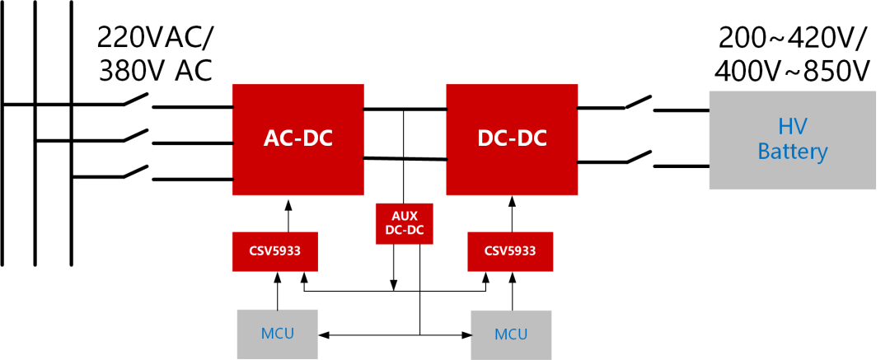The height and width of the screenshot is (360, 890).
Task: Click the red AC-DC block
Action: coord(298,139)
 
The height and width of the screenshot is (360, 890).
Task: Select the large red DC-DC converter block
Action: coord(512,139)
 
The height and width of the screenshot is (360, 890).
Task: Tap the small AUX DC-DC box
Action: coord(404,222)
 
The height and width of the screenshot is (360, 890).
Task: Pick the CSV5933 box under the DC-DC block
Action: coord(511,251)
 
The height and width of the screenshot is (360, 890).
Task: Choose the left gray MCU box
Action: coord(277,334)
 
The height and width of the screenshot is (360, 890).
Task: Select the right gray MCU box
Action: coord(511,334)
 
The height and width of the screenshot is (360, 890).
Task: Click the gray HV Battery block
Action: coord(792,139)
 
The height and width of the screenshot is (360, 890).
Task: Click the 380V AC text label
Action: coord(155,72)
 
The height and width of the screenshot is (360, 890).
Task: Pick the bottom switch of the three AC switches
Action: coord(136,171)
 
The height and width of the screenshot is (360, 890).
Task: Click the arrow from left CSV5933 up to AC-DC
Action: coord(288,215)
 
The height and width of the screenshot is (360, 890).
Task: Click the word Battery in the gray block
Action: coord(792,152)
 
